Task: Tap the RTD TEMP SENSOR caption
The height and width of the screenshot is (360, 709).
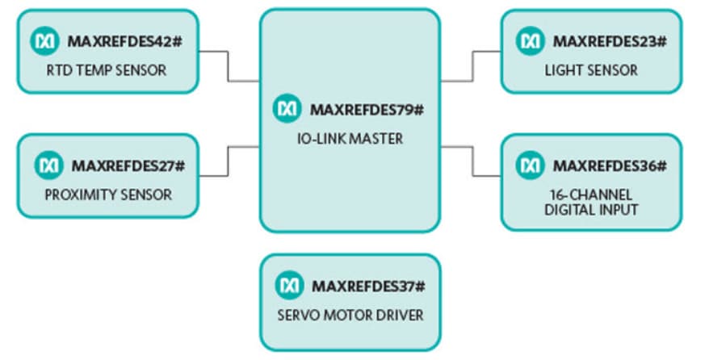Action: (x=107, y=70)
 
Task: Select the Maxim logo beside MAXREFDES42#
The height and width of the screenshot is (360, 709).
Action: (x=46, y=40)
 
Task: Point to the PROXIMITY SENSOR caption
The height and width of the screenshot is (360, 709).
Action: (x=107, y=195)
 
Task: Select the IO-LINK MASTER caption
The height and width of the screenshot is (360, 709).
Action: (x=348, y=139)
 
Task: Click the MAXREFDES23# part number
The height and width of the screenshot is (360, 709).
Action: (x=609, y=40)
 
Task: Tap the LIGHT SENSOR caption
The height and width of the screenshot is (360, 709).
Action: (x=590, y=70)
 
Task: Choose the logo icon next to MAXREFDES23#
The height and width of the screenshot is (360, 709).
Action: (x=531, y=40)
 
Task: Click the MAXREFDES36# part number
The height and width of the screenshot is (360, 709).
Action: (x=609, y=165)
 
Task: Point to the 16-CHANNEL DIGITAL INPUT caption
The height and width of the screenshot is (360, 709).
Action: (x=590, y=202)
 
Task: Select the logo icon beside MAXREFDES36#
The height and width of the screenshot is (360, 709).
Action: (x=531, y=165)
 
